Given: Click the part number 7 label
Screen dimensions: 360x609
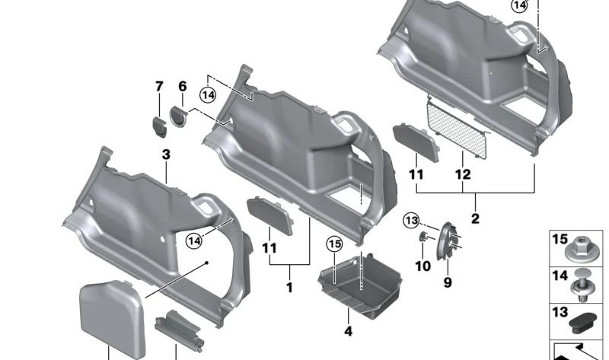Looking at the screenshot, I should (159, 87).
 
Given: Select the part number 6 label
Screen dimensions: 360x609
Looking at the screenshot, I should (183, 87).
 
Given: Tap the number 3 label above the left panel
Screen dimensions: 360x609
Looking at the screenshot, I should (166, 155).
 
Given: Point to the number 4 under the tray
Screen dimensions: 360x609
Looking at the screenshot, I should (348, 332).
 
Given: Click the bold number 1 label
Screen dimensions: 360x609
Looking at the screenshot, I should (289, 288).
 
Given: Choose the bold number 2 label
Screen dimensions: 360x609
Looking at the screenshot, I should (475, 219).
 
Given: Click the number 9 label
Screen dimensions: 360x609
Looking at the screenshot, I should (448, 283).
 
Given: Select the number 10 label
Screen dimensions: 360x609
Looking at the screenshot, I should (422, 266).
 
